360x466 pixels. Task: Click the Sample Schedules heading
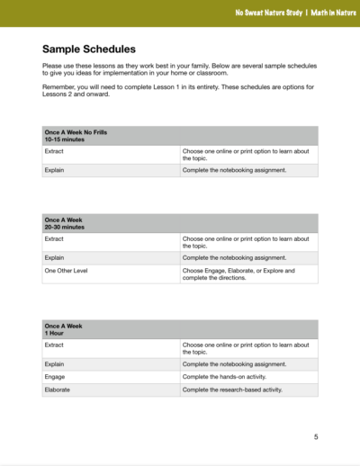tap(89, 49)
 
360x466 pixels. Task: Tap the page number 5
tap(316, 437)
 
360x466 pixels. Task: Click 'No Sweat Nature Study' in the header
tap(265, 13)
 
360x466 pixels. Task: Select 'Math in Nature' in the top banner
tap(326, 13)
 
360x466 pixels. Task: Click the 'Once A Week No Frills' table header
tap(76, 132)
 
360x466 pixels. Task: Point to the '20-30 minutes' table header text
tap(64, 228)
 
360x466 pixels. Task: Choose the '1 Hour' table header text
tap(54, 333)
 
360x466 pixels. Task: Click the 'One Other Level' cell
tap(66, 270)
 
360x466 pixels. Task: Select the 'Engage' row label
tap(55, 377)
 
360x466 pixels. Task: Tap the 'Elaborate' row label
tap(57, 390)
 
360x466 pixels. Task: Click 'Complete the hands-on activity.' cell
tap(229, 377)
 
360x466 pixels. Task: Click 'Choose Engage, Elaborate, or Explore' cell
tap(238, 273)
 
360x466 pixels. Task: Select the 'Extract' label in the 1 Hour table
tap(54, 345)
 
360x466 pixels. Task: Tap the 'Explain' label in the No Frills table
tap(54, 169)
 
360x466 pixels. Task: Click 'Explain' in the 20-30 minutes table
tap(54, 256)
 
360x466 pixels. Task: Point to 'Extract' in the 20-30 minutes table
tap(54, 238)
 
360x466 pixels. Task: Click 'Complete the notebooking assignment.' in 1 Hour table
tap(234, 364)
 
